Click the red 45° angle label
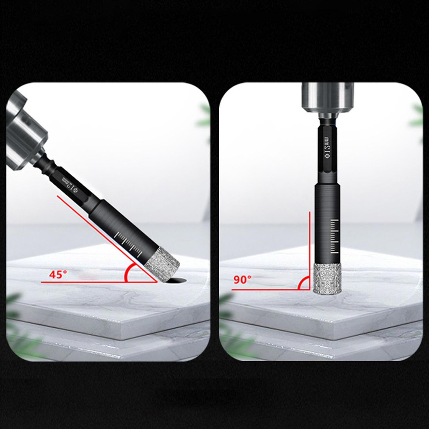click(58, 275)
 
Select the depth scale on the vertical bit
click(334, 236)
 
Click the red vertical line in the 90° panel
click(310, 241)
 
